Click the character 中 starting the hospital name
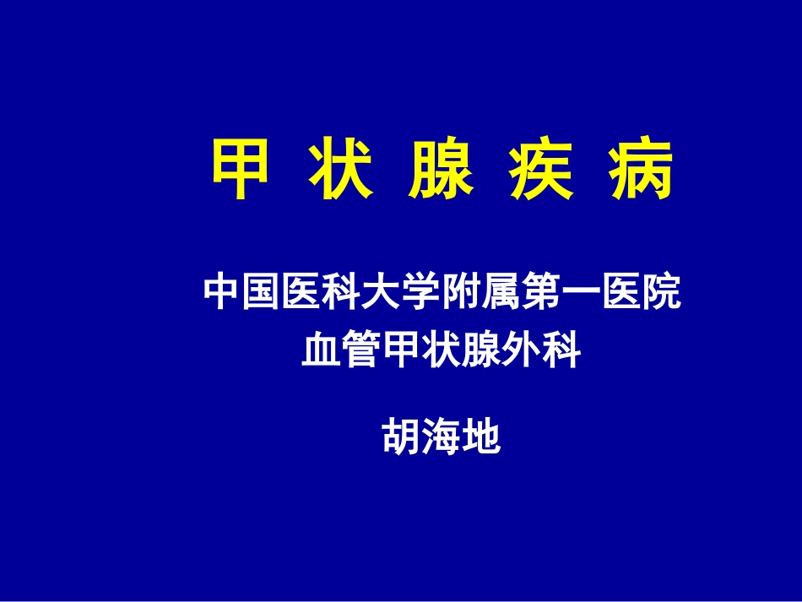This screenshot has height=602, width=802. [222, 293]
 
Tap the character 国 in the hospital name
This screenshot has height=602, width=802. [262, 293]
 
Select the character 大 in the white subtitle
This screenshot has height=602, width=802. [382, 293]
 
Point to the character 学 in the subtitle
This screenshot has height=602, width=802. [421, 293]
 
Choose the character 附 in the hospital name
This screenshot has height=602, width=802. [462, 293]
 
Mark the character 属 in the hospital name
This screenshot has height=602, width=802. [501, 293]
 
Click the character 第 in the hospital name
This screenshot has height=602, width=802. [541, 293]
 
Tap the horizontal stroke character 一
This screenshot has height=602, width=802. [582, 293]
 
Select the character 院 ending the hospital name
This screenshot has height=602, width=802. [661, 293]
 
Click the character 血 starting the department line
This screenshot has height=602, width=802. [322, 351]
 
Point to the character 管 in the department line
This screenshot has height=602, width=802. [361, 351]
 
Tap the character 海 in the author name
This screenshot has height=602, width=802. [442, 437]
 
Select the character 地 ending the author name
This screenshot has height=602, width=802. [482, 437]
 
